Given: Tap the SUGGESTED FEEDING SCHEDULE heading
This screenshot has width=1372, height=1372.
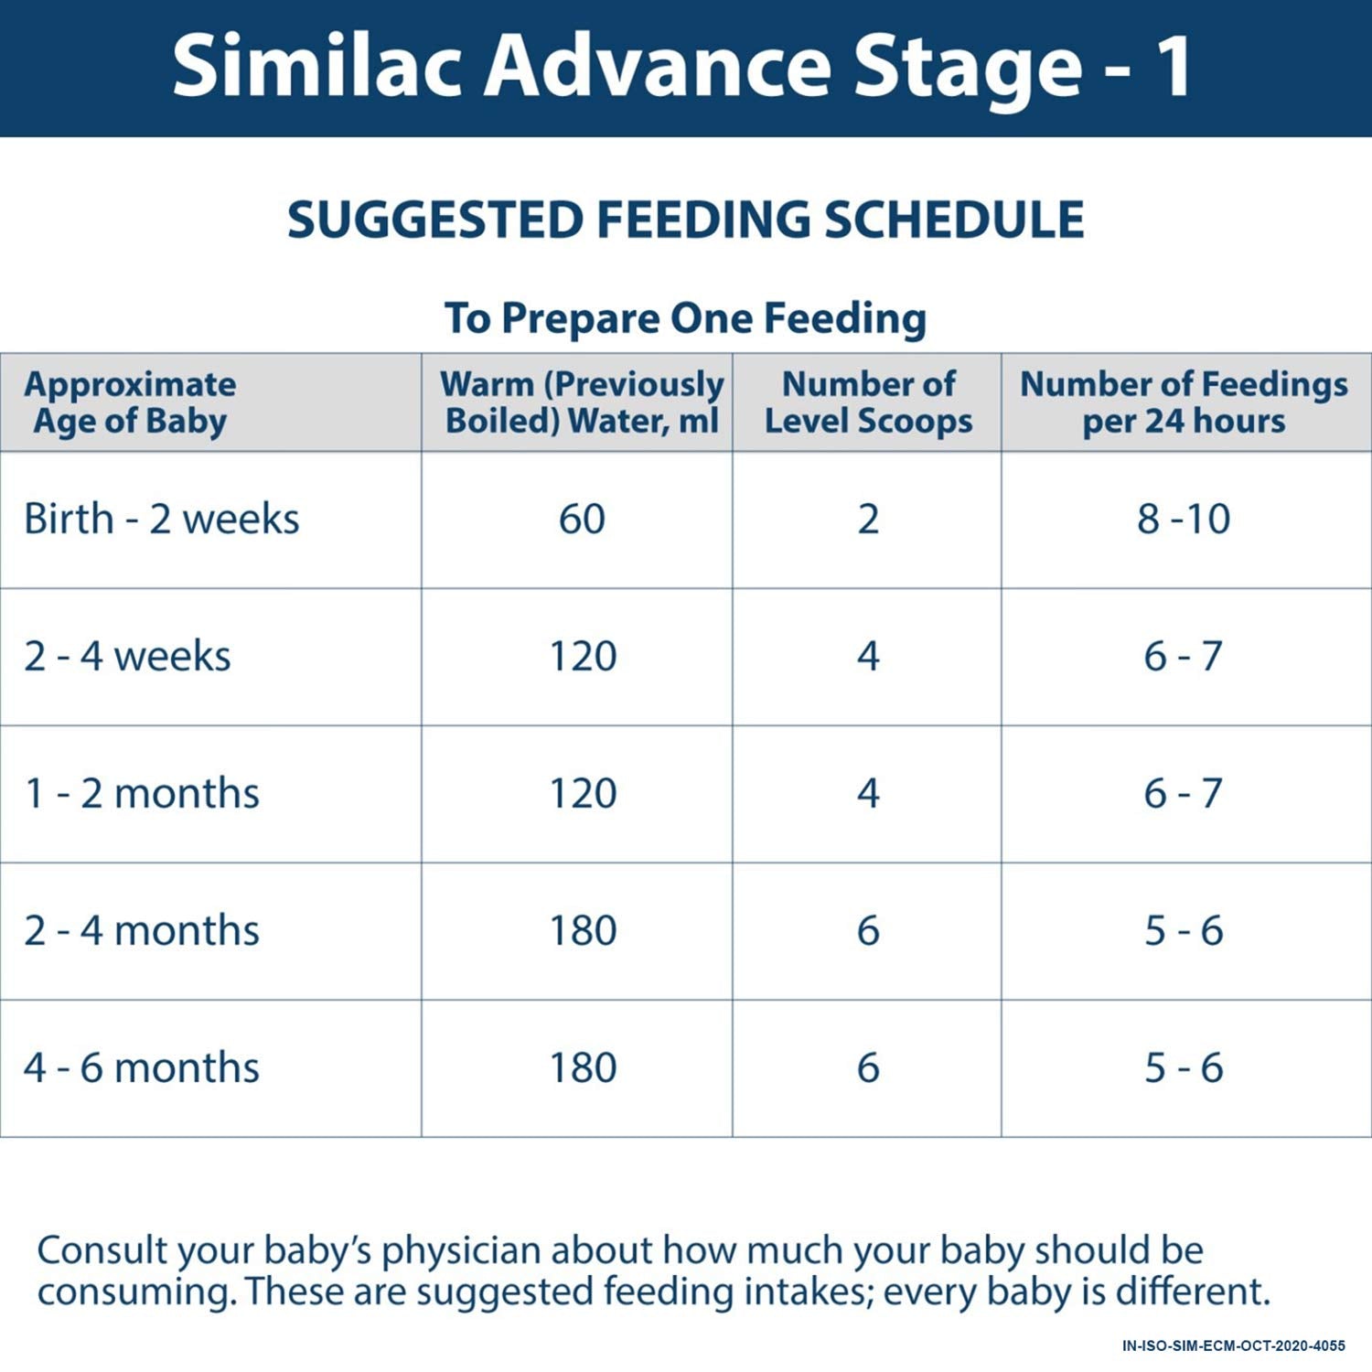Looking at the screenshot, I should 685,220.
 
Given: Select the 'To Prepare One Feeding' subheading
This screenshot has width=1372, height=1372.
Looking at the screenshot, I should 685,319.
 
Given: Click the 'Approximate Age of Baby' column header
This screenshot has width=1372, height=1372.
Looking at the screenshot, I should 130,402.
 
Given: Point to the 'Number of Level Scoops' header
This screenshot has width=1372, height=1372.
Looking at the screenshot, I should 868,402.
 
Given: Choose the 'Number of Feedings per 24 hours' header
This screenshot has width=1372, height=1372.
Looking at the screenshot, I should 1184,402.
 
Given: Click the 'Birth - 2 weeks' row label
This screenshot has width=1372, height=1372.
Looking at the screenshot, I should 161,520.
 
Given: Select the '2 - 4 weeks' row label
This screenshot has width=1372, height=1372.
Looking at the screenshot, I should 127,657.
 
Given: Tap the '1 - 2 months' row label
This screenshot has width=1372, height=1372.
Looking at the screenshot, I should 142,794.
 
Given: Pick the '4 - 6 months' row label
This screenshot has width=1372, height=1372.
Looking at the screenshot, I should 142,1068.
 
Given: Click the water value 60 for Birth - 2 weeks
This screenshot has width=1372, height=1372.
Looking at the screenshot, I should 582,520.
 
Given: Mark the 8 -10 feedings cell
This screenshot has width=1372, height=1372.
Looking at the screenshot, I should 1184,520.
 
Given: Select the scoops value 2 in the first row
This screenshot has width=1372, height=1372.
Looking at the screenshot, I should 868,520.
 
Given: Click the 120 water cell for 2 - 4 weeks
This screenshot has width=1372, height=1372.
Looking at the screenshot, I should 583,657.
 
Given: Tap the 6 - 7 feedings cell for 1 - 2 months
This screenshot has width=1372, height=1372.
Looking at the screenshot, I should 1184,794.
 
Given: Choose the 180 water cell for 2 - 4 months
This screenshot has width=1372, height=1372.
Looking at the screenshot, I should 583,931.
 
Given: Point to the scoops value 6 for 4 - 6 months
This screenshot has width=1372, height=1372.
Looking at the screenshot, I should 868,1068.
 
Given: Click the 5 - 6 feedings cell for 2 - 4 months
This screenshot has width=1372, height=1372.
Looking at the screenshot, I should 1184,931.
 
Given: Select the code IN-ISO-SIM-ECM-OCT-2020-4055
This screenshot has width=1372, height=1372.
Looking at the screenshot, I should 1233,1345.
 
